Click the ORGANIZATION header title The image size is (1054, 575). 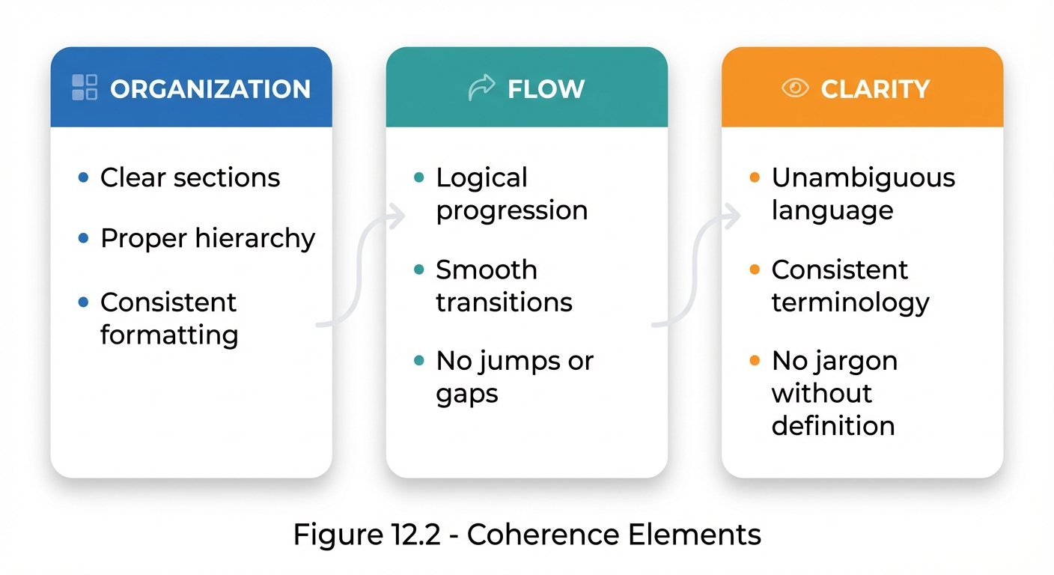210,88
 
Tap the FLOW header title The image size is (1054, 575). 546,88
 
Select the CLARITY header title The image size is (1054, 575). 875,88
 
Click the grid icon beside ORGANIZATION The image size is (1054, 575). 85,88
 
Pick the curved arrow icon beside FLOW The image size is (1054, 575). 481,88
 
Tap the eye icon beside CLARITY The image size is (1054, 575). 795,88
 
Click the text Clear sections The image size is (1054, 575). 190,177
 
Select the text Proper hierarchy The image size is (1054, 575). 207,238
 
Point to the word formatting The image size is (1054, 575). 169,334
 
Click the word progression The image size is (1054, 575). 511,210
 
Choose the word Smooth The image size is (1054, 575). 487,270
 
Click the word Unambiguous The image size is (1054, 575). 863,177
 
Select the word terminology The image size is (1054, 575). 850,302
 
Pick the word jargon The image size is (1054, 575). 855,362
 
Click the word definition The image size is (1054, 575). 833,425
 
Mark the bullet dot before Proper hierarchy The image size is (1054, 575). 84,238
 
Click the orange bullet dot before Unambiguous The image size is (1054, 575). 755,177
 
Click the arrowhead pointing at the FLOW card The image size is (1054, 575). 397,216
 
